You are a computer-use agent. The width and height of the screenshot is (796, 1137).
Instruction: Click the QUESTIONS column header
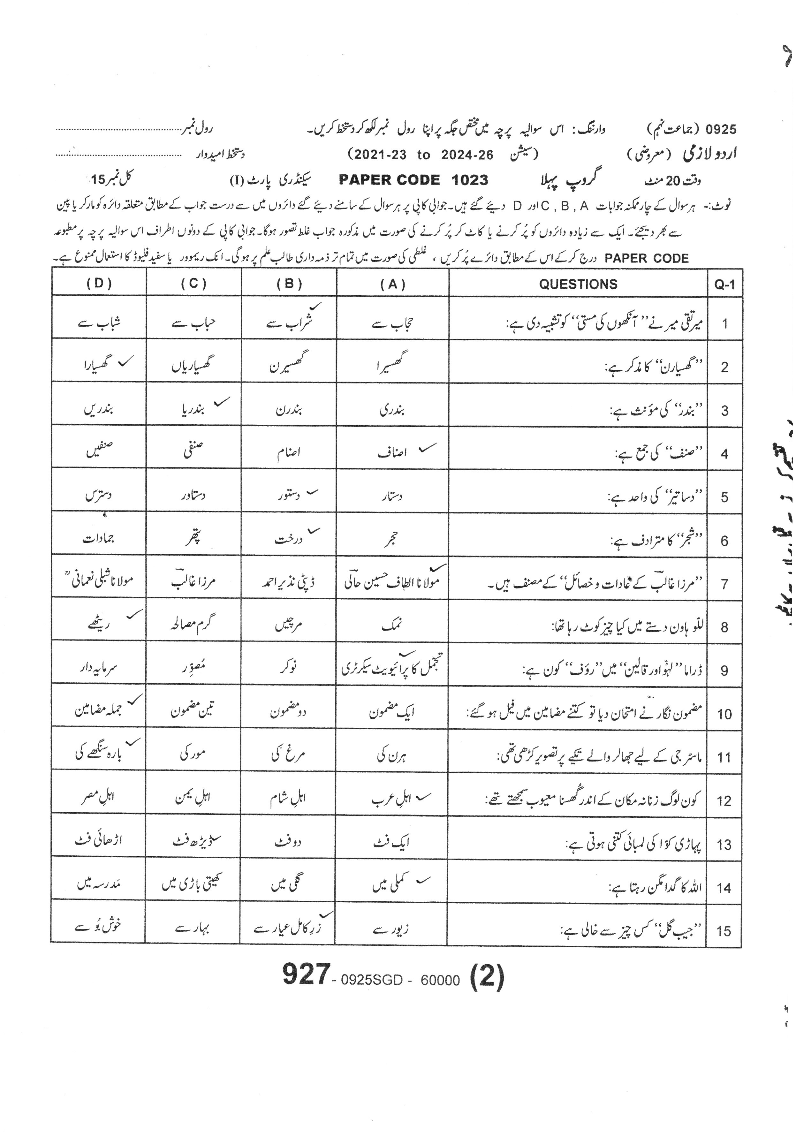[578, 284]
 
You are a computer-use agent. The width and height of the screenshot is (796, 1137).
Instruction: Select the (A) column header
[393, 284]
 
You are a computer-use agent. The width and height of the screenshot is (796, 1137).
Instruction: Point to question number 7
[724, 584]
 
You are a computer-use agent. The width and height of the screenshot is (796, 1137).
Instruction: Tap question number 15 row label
[724, 931]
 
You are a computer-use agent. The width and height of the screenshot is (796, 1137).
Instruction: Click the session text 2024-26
[467, 155]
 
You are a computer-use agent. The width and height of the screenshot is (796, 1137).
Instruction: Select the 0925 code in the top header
[721, 130]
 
